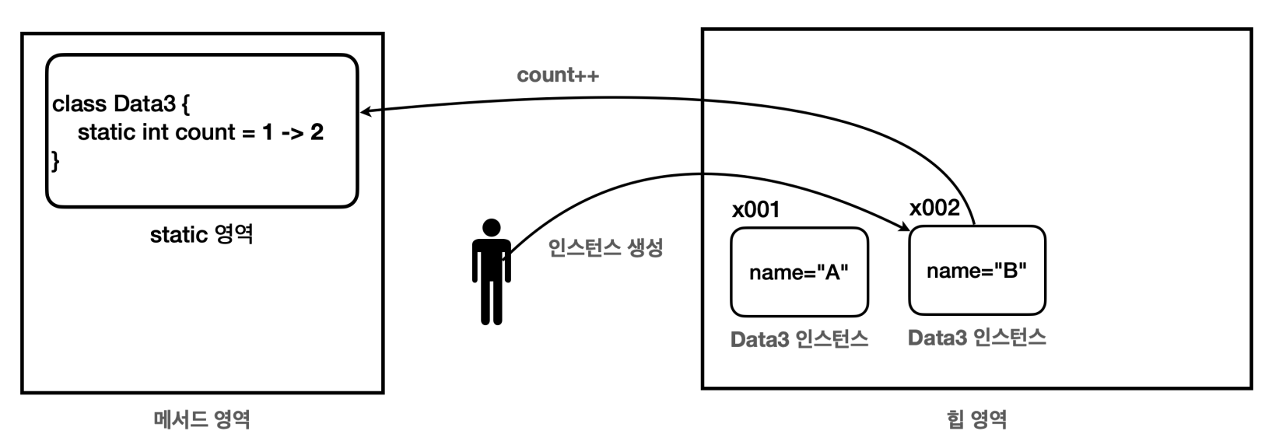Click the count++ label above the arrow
click(558, 75)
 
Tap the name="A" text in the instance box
click(798, 272)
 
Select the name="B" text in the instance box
click(976, 271)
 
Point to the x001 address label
click(755, 210)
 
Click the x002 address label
click(934, 208)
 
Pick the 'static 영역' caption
click(201, 234)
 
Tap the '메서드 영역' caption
click(201, 420)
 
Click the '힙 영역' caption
click(976, 420)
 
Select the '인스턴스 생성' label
click(605, 248)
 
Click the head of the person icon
click(491, 228)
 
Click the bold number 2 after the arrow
click(317, 132)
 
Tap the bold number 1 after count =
click(268, 132)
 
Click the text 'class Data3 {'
click(121, 103)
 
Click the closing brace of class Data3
click(55, 161)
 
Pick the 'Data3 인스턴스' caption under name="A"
click(799, 339)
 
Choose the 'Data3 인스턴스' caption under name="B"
click(976, 338)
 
